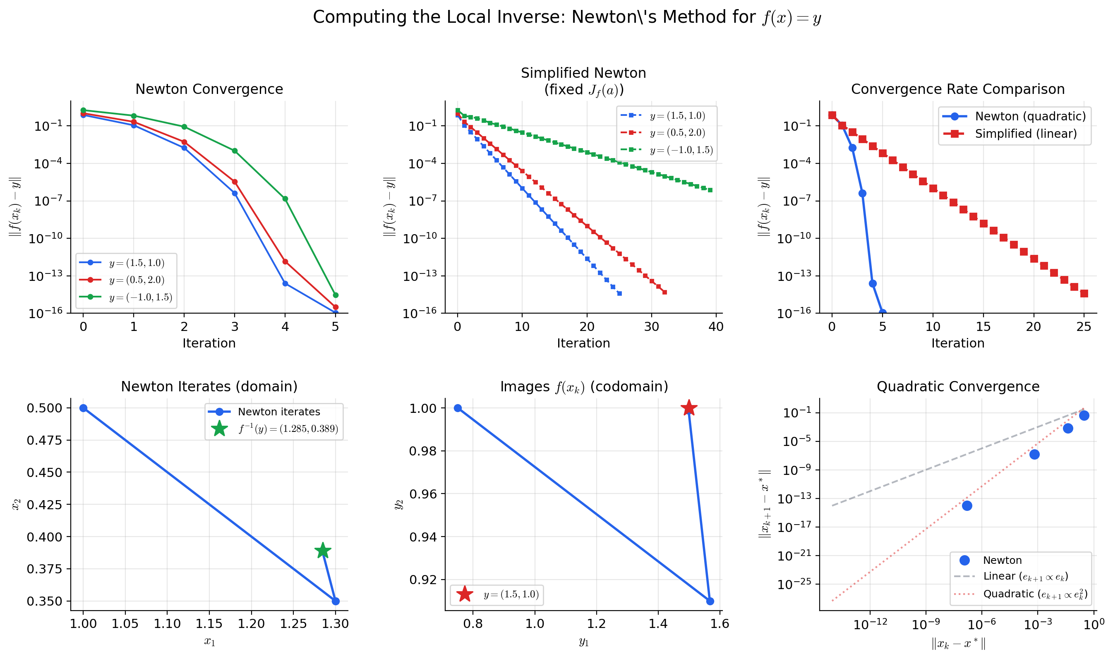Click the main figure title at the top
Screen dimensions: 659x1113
tap(567, 18)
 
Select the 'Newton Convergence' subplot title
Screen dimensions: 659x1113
tap(209, 89)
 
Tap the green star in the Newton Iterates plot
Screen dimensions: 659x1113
tap(323, 551)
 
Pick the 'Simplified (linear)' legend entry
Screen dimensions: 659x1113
tap(1025, 134)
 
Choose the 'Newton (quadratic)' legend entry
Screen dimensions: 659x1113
tap(1030, 116)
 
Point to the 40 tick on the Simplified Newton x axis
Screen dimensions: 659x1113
tap(716, 326)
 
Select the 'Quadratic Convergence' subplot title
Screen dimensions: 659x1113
tap(957, 386)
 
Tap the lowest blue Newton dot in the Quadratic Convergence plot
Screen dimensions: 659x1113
tap(967, 506)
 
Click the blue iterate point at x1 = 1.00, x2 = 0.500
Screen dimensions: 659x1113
tap(84, 408)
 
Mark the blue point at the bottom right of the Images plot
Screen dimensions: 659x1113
tap(710, 601)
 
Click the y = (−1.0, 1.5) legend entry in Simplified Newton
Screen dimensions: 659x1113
tap(681, 150)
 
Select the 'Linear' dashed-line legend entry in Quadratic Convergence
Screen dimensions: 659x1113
tap(1025, 576)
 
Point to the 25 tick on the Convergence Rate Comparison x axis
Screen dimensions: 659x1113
tap(1083, 326)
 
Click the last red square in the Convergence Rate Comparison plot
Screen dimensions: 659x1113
tap(1084, 294)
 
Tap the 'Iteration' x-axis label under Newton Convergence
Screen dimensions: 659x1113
tap(209, 343)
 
